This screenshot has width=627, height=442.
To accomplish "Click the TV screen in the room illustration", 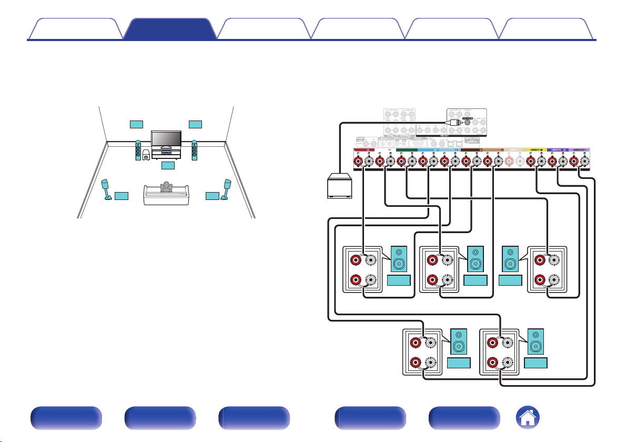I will (x=166, y=138).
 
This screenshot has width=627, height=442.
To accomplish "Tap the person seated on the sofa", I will (x=167, y=188).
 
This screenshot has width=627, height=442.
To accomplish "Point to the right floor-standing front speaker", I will (x=195, y=150).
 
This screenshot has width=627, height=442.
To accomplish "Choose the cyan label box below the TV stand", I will (x=167, y=165).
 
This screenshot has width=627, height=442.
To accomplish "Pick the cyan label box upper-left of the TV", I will (x=136, y=124).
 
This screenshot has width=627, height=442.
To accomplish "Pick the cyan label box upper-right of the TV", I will (x=195, y=124).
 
